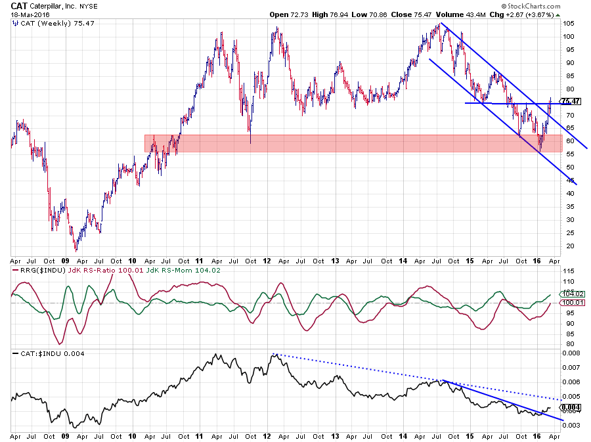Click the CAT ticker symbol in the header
click(22, 6)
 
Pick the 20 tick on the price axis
click(569, 246)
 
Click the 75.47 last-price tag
click(573, 101)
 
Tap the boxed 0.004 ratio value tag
click(573, 407)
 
